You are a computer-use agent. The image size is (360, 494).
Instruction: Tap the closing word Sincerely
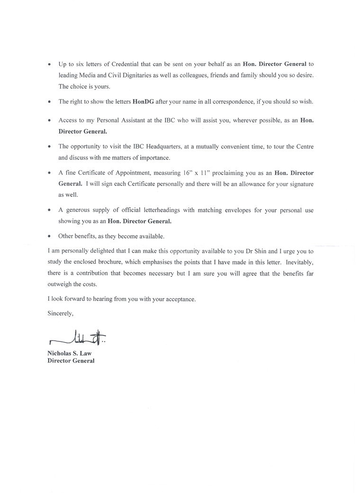click(x=61, y=313)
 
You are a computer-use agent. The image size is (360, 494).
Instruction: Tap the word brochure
click(x=126, y=262)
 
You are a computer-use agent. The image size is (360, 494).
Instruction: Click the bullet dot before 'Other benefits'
click(x=49, y=236)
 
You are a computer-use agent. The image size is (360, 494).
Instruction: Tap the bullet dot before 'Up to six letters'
click(x=49, y=64)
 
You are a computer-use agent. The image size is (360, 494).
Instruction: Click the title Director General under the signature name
click(x=71, y=361)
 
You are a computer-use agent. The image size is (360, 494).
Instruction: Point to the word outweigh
click(x=61, y=284)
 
